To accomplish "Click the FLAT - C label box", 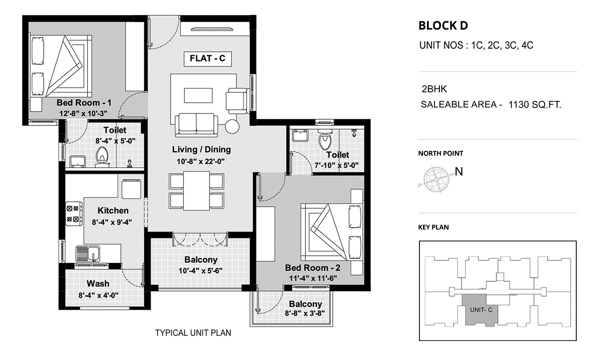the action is click(x=207, y=59).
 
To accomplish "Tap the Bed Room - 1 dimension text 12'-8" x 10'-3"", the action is click(x=83, y=114).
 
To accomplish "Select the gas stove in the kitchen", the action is click(x=74, y=214).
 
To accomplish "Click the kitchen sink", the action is click(x=88, y=253).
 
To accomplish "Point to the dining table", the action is click(x=196, y=191).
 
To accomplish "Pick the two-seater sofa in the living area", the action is click(x=196, y=125).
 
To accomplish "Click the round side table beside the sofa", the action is click(x=232, y=126).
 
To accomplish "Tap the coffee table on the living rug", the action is click(x=198, y=96).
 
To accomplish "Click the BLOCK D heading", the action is click(x=443, y=26).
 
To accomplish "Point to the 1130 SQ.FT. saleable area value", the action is click(x=535, y=104).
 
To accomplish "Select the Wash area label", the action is click(x=98, y=283).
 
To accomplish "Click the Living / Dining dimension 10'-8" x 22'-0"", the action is click(x=201, y=161).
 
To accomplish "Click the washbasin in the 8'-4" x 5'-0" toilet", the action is click(x=77, y=161).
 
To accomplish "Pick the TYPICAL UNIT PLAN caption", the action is click(x=193, y=333).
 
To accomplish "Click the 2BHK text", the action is click(x=434, y=89).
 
